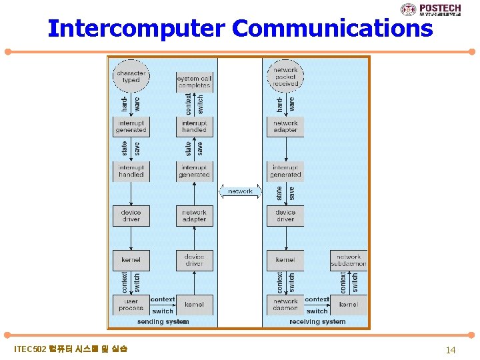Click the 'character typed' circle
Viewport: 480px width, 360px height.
[131, 76]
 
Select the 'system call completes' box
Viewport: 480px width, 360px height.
[194, 82]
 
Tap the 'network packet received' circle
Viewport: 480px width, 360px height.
[285, 76]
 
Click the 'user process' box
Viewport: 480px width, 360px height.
[131, 305]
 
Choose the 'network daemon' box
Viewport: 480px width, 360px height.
[285, 305]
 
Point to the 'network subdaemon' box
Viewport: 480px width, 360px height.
[349, 260]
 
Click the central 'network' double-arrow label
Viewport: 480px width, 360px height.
[240, 191]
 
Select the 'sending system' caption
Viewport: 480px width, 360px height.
[163, 322]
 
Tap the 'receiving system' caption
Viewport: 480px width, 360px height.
[317, 322]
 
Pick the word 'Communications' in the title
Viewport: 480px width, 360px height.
[333, 29]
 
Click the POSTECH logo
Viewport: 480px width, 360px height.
[436, 9]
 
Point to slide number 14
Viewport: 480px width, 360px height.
[451, 349]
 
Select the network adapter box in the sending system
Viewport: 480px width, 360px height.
[194, 216]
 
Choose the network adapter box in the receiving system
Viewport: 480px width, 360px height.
[285, 127]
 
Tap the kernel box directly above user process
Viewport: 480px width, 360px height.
[131, 260]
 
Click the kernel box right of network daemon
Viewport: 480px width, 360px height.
[349, 305]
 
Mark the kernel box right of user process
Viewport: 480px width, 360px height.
[194, 305]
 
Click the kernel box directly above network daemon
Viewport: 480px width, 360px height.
[285, 260]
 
